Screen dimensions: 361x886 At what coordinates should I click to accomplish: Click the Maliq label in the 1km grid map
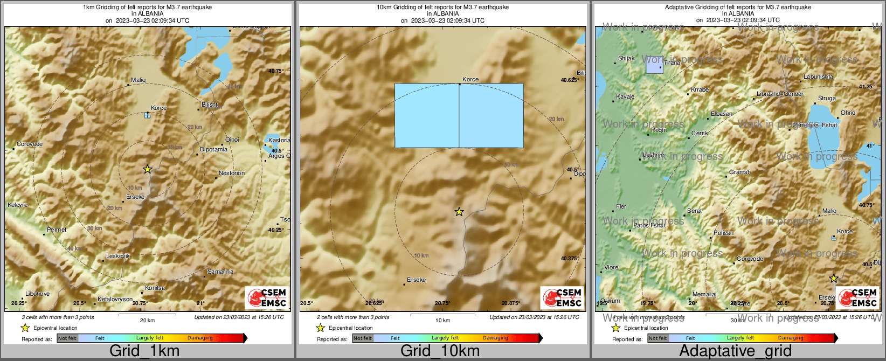point(139,80)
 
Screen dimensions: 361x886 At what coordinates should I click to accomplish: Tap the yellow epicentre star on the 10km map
point(459,212)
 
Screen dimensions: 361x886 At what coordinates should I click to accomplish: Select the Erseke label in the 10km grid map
point(417,280)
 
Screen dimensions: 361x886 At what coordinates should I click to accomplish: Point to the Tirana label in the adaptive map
point(672,63)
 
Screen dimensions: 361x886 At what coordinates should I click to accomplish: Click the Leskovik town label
point(118,256)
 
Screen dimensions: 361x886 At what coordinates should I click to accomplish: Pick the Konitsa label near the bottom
point(155,288)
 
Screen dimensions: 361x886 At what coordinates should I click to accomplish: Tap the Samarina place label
point(220,272)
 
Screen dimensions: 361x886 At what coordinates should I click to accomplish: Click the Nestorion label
point(232,173)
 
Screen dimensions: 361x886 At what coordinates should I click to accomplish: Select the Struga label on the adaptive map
point(827,99)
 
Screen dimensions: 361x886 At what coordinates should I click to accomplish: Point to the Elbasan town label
point(722,114)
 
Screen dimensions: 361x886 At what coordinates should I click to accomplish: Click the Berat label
point(695,211)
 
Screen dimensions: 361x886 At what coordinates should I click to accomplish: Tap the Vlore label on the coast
point(612,268)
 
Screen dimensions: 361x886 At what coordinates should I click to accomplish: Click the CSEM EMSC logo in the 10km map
point(562,298)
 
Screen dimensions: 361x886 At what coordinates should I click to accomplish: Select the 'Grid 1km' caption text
point(144,351)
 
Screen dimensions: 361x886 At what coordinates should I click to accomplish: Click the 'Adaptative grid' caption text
point(735,351)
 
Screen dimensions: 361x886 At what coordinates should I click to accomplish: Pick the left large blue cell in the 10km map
point(427,115)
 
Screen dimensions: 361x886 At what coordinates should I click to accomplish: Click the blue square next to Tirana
point(654,65)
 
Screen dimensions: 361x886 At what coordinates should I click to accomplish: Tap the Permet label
point(57,230)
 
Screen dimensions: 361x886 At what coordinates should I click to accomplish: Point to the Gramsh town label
point(740,172)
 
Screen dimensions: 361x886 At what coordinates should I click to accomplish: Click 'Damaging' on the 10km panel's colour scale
point(495,338)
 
